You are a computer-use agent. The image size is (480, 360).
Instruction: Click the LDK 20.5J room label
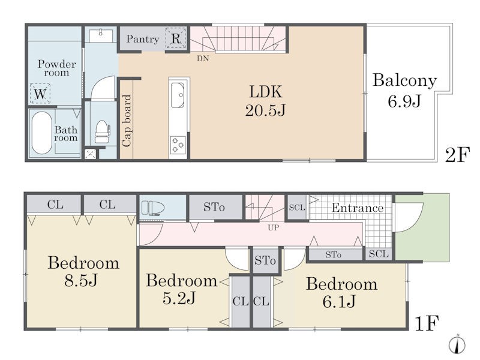(265, 101)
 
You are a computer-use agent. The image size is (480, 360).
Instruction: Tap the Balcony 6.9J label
(404, 91)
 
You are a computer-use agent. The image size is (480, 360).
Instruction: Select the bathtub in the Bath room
(41, 133)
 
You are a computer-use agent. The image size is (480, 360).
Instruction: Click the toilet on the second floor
(102, 131)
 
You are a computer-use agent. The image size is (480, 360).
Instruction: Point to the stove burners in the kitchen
(178, 145)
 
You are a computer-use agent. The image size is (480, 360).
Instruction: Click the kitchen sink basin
(177, 95)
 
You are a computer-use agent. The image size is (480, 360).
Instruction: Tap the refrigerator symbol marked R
(176, 38)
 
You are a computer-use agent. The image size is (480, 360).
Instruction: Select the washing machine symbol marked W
(40, 94)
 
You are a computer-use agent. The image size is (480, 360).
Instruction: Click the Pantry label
(143, 39)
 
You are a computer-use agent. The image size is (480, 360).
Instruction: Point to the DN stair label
(203, 58)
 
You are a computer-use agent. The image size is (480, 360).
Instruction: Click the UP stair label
(273, 228)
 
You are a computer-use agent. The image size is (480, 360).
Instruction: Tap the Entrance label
(358, 208)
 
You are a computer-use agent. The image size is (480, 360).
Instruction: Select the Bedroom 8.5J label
(83, 271)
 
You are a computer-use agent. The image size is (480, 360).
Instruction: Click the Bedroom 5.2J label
(181, 289)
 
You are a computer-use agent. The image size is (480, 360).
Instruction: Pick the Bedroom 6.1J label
(341, 292)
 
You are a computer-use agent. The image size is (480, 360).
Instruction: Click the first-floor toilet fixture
(153, 208)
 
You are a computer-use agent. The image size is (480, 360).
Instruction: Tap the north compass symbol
(457, 343)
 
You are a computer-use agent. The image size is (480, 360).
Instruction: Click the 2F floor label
(457, 155)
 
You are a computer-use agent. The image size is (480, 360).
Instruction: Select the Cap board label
(127, 121)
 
